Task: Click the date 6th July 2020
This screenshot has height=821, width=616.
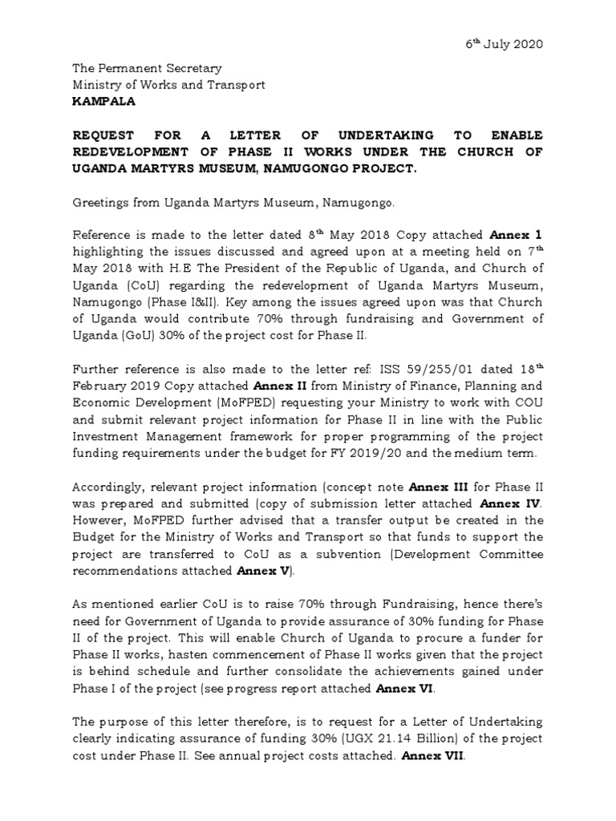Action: pyautogui.click(x=506, y=44)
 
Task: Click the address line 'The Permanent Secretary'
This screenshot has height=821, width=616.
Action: pyautogui.click(x=147, y=69)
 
